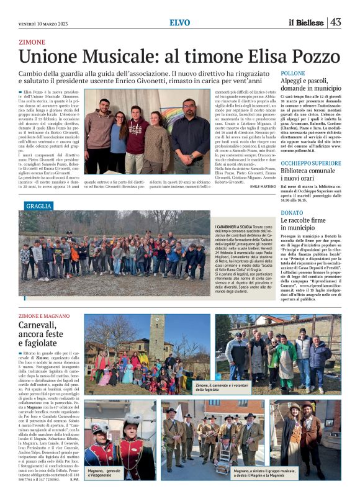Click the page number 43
coord(336,22)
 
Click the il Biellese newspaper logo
coord(306,23)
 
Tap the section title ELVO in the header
coord(180,23)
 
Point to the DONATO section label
coord(292,212)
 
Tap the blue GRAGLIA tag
coord(39,205)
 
